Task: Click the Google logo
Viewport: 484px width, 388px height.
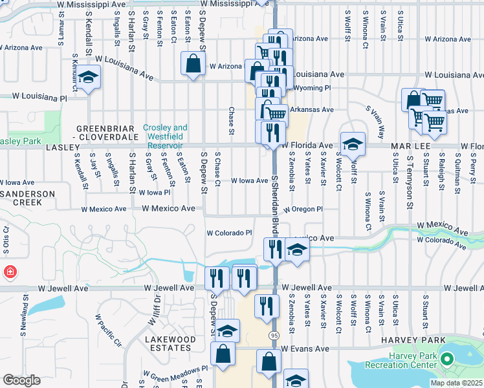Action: pyautogui.click(x=21, y=380)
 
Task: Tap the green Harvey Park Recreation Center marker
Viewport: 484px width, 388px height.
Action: pyautogui.click(x=446, y=358)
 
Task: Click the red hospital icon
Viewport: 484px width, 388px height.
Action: pyautogui.click(x=9, y=272)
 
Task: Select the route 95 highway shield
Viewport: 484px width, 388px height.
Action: pyautogui.click(x=274, y=335)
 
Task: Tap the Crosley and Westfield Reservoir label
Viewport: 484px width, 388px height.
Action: pyautogui.click(x=164, y=133)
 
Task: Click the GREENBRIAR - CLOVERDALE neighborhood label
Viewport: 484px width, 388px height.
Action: pyautogui.click(x=107, y=133)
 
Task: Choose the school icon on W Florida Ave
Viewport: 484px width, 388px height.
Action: pyautogui.click(x=353, y=144)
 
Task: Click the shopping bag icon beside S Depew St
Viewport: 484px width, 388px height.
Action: pyautogui.click(x=193, y=64)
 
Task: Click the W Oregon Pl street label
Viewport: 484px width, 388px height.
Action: pyautogui.click(x=302, y=209)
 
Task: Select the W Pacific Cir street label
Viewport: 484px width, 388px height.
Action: pyautogui.click(x=108, y=330)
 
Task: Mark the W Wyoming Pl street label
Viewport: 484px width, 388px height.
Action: pyautogui.click(x=312, y=87)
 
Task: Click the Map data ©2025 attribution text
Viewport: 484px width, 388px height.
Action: pyautogui.click(x=456, y=383)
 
